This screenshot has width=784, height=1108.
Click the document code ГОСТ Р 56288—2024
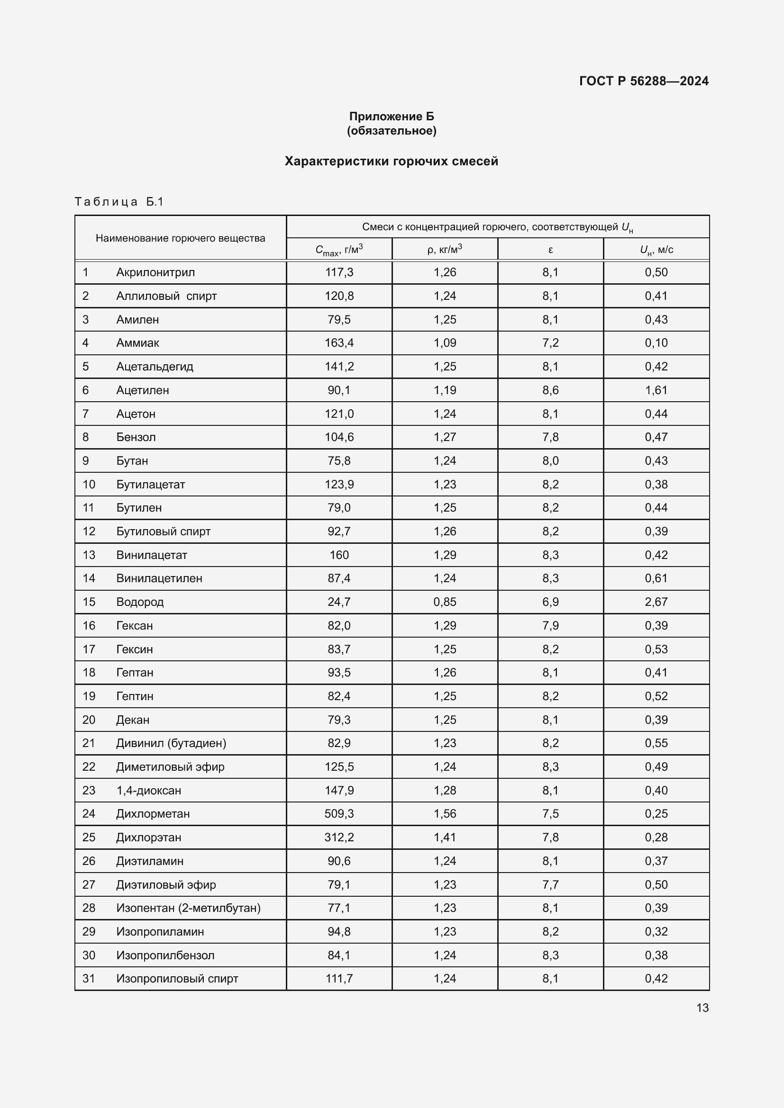click(x=644, y=81)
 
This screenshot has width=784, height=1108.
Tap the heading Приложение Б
click(x=392, y=117)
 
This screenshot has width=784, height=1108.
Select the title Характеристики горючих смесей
click(x=391, y=161)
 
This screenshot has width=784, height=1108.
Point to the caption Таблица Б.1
click(x=119, y=202)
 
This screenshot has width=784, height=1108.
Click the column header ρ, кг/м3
click(x=445, y=250)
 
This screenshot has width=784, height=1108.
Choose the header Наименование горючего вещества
click(x=180, y=238)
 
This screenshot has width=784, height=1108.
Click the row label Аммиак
click(x=137, y=343)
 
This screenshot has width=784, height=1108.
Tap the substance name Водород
click(x=140, y=602)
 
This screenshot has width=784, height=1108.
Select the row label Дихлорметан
click(x=153, y=814)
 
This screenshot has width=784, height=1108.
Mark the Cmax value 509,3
click(x=339, y=814)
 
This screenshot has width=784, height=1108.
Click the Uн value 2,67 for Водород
click(x=656, y=602)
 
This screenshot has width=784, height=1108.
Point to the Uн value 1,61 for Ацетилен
click(x=656, y=390)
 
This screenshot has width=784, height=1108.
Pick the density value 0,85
click(x=445, y=602)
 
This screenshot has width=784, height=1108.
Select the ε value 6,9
click(x=550, y=602)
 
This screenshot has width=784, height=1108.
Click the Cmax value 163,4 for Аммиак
click(x=339, y=343)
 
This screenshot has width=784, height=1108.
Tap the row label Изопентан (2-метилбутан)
click(x=188, y=908)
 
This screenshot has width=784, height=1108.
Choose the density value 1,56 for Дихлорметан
click(x=445, y=814)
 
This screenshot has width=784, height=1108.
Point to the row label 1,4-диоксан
click(x=149, y=791)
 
